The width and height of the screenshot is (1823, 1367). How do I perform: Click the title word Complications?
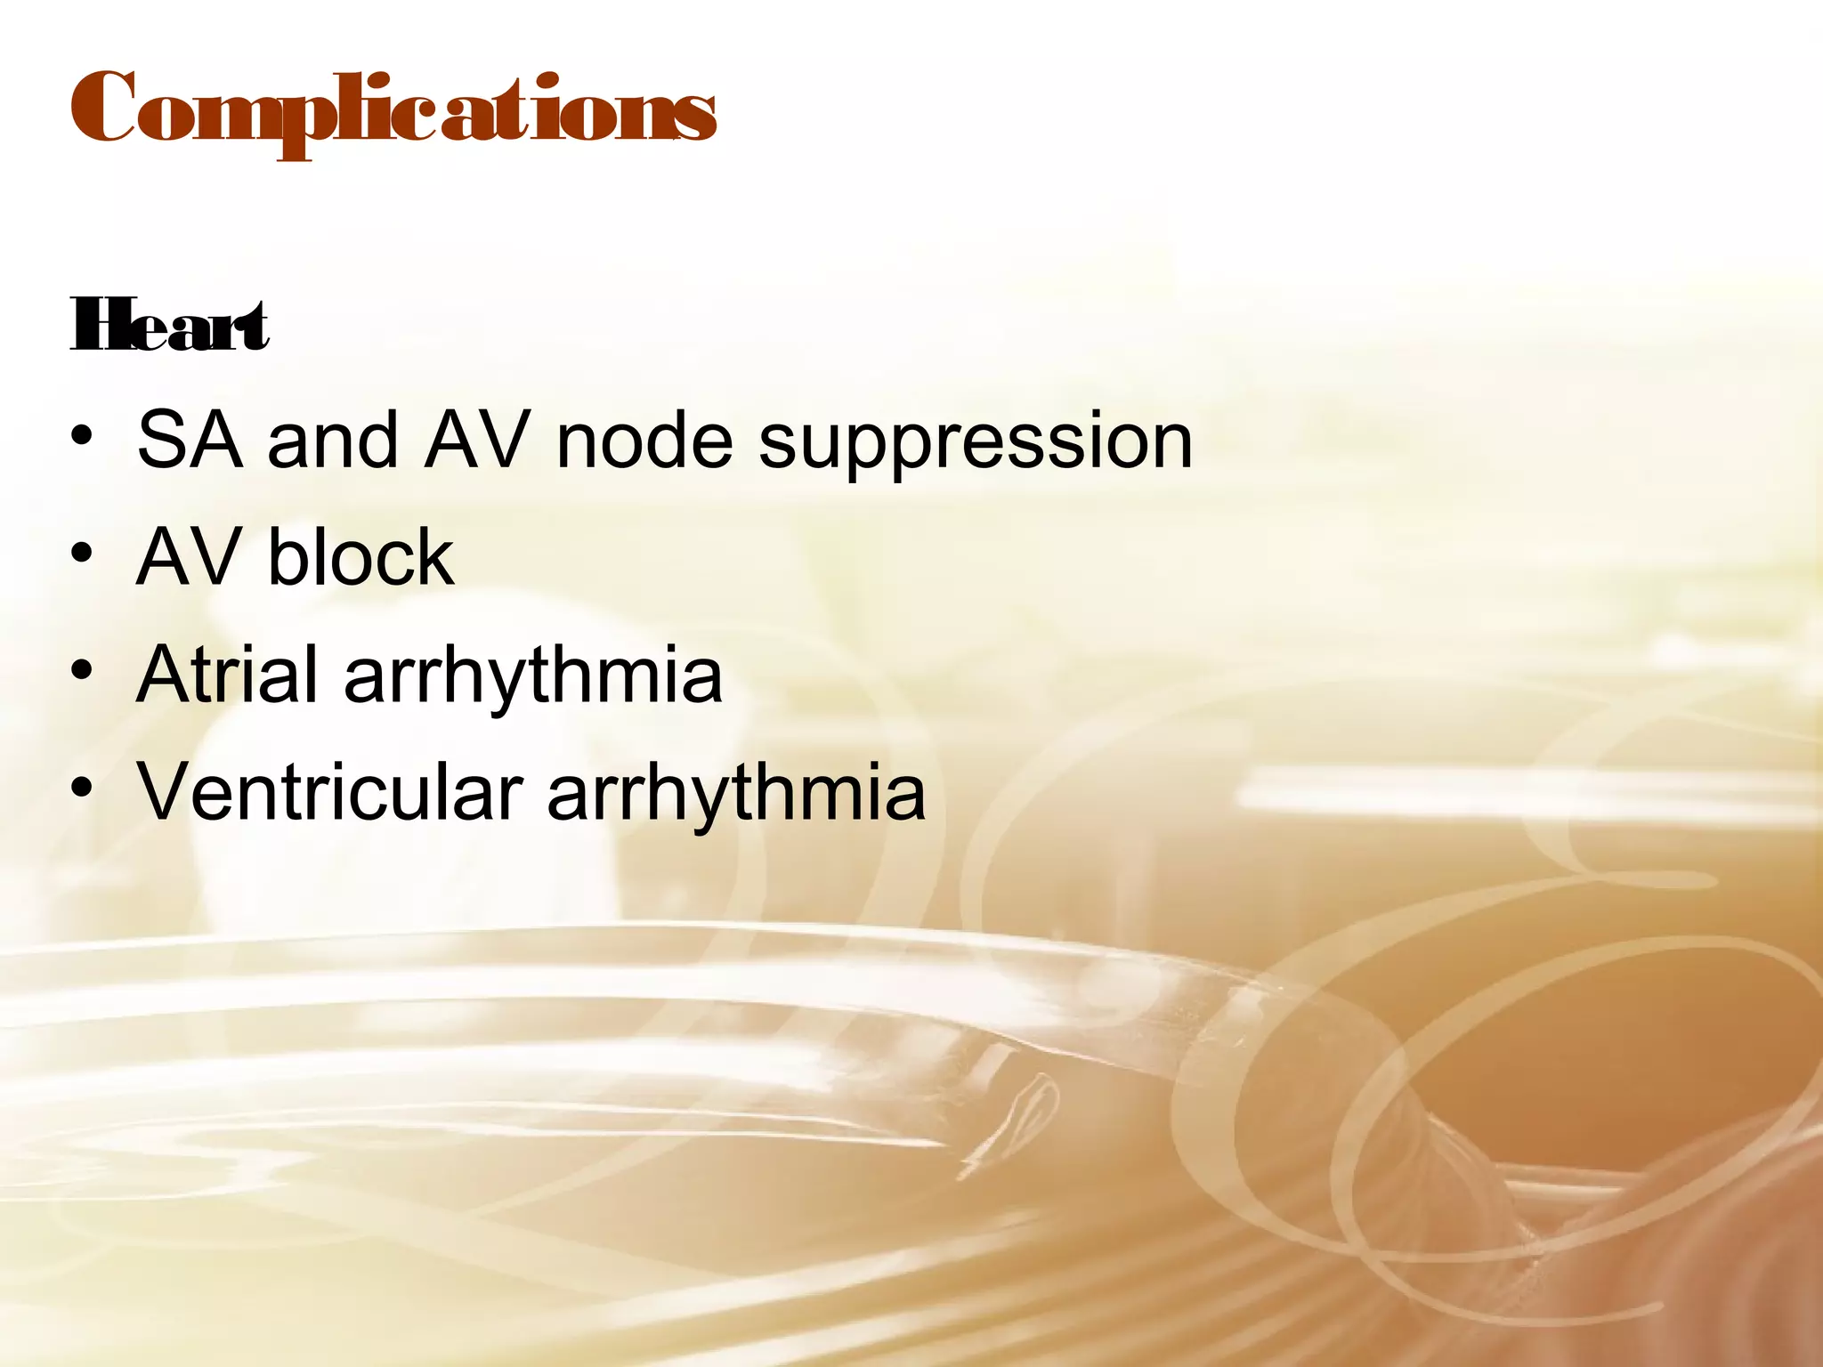pyautogui.click(x=393, y=111)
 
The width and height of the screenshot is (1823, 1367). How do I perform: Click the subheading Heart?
pyautogui.click(x=169, y=327)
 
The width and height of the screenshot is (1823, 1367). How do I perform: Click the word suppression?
pyautogui.click(x=975, y=442)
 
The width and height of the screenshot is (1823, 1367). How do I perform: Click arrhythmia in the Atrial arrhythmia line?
pyautogui.click(x=533, y=676)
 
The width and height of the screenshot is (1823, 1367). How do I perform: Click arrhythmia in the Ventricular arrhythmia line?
pyautogui.click(x=736, y=794)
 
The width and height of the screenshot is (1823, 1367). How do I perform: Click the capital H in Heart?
pyautogui.click(x=93, y=327)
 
